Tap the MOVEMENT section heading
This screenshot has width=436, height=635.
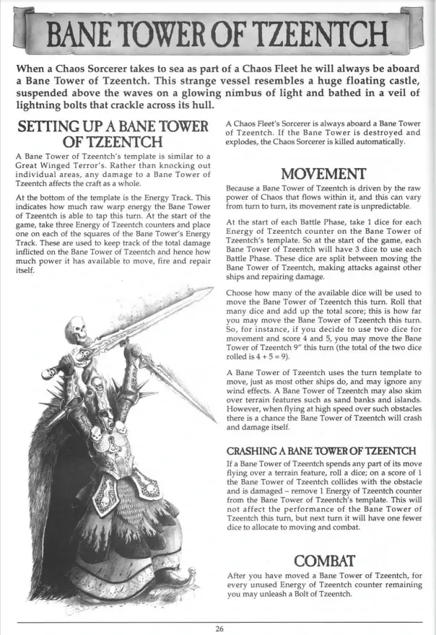click(323, 174)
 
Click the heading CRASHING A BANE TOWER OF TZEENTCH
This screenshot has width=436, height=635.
click(321, 451)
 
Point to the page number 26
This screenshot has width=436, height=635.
click(219, 628)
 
